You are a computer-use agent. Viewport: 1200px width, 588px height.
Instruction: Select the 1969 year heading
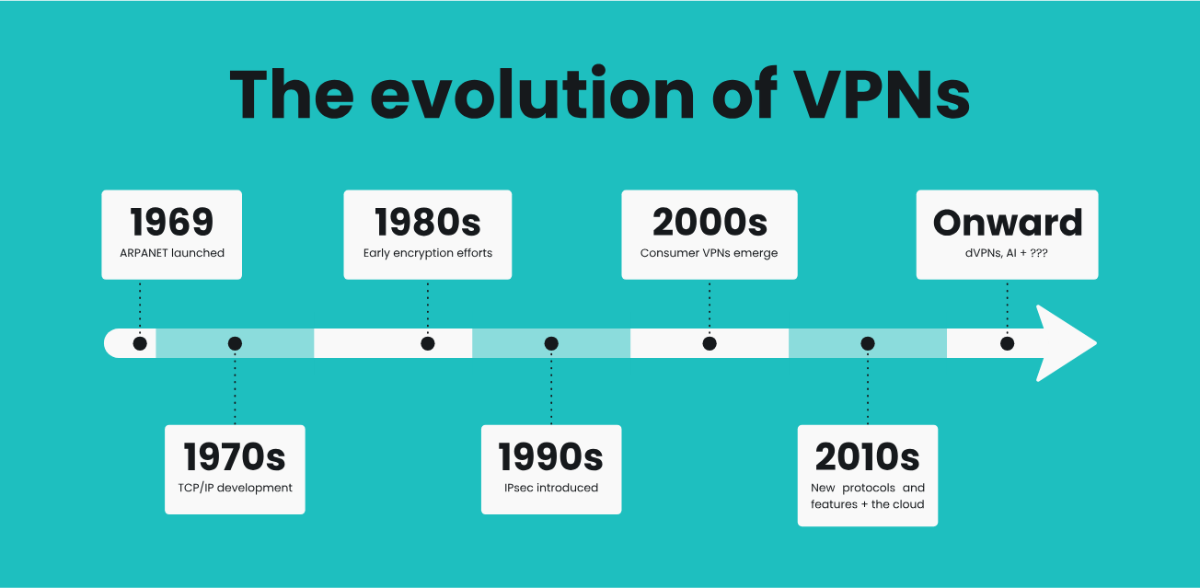click(x=171, y=223)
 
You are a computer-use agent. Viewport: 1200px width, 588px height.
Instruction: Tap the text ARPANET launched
click(x=171, y=253)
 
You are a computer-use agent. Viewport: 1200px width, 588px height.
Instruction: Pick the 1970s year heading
click(x=235, y=457)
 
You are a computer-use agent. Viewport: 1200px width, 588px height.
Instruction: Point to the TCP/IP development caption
click(x=235, y=488)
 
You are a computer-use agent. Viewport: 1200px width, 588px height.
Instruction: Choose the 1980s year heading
click(x=428, y=223)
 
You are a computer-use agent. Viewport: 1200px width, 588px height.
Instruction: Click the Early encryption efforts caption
click(x=428, y=253)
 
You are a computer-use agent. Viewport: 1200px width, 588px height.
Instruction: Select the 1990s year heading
click(x=551, y=457)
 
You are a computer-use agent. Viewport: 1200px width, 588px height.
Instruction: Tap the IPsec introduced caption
click(x=551, y=488)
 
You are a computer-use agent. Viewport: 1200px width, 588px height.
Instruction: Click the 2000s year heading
click(x=710, y=223)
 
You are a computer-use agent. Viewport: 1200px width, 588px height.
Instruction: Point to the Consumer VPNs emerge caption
click(x=710, y=253)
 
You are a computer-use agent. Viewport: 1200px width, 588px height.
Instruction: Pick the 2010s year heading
click(x=868, y=457)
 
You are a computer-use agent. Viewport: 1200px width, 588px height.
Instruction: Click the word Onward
click(x=1008, y=223)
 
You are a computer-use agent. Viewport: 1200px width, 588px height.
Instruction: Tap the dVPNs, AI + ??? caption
click(x=1008, y=253)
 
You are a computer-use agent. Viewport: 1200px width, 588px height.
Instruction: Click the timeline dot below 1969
click(x=140, y=343)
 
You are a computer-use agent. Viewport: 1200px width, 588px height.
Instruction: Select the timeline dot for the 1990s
click(x=551, y=343)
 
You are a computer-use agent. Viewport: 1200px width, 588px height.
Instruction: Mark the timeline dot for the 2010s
click(x=868, y=343)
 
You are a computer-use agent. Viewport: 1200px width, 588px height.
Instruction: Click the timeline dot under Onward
click(x=1008, y=343)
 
